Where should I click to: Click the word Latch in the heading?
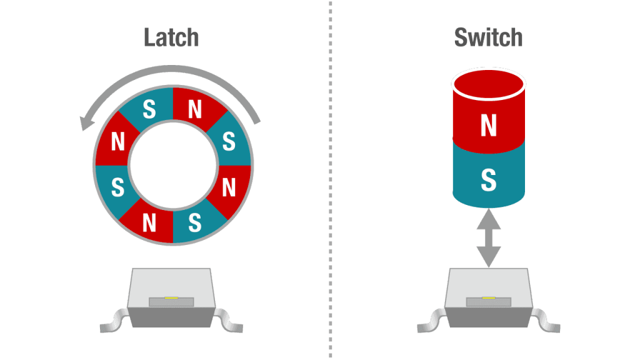click(x=171, y=37)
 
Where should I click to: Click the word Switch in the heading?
click(x=488, y=37)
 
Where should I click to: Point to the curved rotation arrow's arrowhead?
click(x=87, y=122)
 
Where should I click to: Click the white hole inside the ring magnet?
click(x=173, y=165)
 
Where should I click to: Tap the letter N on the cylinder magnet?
click(x=489, y=125)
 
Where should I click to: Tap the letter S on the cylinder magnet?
click(x=489, y=180)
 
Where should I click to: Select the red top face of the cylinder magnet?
click(x=489, y=85)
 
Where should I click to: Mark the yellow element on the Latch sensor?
click(x=171, y=298)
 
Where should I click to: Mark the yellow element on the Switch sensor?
click(x=489, y=298)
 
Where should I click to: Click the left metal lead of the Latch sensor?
click(x=114, y=321)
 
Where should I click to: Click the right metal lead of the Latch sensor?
click(x=229, y=321)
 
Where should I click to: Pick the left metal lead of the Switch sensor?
click(x=431, y=321)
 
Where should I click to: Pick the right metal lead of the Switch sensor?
click(x=546, y=321)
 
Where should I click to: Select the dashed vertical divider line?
click(x=330, y=180)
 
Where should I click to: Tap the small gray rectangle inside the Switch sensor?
click(x=489, y=302)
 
